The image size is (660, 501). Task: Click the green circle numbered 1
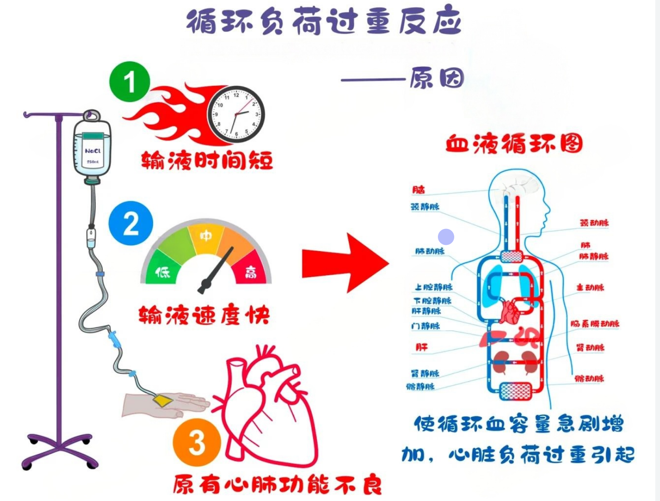click(x=129, y=82)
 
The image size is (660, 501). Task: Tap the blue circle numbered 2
click(x=131, y=223)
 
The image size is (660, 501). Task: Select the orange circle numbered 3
click(x=197, y=442)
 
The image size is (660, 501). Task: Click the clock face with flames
click(x=236, y=114)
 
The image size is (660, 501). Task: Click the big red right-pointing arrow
click(x=345, y=263)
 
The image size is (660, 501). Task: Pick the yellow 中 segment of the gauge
click(x=206, y=236)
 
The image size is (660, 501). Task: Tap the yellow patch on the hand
click(x=163, y=401)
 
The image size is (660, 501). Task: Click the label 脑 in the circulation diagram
click(x=418, y=189)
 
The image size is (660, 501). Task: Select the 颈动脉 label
click(x=594, y=223)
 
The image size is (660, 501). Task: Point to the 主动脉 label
click(x=590, y=287)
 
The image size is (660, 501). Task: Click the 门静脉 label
click(x=426, y=326)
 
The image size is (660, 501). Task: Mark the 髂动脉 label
click(x=589, y=378)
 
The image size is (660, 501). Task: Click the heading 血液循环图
click(x=514, y=144)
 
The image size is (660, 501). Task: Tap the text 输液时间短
click(x=207, y=160)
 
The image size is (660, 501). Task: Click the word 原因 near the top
click(x=437, y=78)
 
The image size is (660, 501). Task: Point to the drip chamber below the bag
click(x=91, y=237)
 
